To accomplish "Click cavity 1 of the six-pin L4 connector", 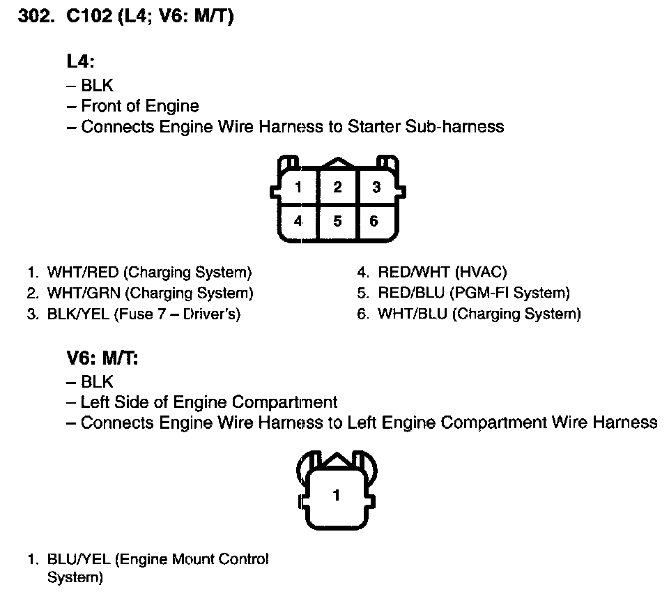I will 298,187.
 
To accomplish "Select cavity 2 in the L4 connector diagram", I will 337,187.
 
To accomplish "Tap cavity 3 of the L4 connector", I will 376,187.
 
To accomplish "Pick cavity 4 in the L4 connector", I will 298,222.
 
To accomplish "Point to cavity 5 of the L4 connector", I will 337,222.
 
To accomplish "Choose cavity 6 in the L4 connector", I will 374,222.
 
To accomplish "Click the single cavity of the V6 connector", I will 337,496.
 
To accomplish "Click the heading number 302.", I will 35,17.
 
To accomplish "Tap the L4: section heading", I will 80,61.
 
